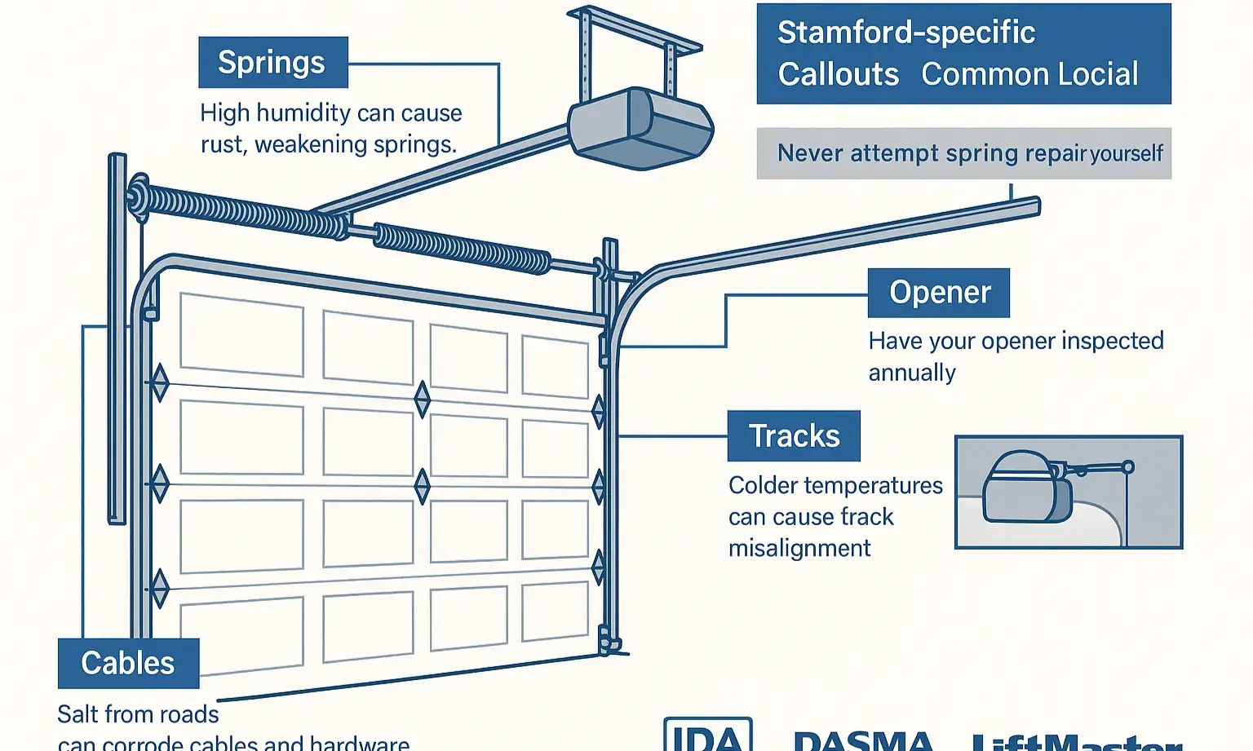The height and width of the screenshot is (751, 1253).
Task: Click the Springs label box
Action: [272, 63]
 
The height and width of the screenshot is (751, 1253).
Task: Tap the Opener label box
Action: [939, 293]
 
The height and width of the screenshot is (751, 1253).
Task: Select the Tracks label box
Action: [794, 436]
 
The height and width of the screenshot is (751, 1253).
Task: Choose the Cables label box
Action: [128, 663]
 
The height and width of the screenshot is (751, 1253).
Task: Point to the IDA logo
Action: [707, 736]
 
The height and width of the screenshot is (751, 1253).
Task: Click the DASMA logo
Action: [863, 740]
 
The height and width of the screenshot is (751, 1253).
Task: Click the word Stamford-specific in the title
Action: [905, 33]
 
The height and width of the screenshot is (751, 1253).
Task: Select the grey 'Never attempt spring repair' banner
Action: [963, 153]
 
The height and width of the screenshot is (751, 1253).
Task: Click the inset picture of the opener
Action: [1068, 492]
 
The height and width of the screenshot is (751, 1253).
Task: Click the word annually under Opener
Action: [911, 373]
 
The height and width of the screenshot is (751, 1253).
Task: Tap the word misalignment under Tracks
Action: [799, 548]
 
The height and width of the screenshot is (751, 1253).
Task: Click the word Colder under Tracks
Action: [763, 485]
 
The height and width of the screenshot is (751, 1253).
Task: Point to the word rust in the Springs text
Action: [222, 144]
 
